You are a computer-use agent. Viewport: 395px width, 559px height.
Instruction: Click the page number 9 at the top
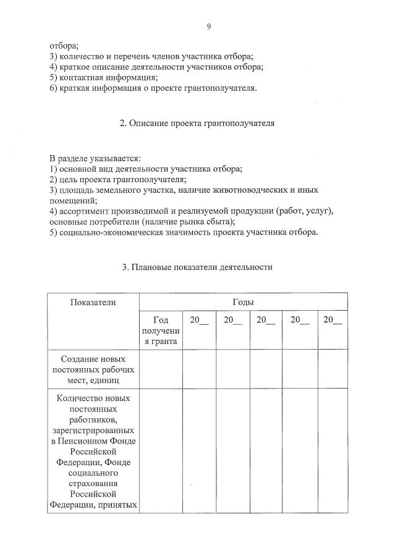click(209, 26)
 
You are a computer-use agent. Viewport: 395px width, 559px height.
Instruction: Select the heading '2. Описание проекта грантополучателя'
click(197, 123)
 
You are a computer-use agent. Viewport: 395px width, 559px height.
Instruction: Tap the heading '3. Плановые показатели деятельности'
click(197, 267)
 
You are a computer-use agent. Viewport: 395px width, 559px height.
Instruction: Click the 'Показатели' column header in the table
click(93, 302)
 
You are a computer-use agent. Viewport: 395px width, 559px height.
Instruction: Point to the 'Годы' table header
click(243, 302)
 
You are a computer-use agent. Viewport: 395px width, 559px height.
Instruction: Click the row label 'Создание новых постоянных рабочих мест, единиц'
click(93, 369)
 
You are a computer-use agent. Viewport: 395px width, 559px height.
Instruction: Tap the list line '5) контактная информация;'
click(104, 77)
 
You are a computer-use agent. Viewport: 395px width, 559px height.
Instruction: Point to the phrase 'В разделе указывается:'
click(95, 158)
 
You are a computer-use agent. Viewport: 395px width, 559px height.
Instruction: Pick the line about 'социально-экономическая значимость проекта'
click(184, 232)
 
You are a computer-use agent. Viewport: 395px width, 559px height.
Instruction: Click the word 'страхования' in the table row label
click(93, 484)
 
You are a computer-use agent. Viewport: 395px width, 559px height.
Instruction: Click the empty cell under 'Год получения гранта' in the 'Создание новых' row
click(160, 369)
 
